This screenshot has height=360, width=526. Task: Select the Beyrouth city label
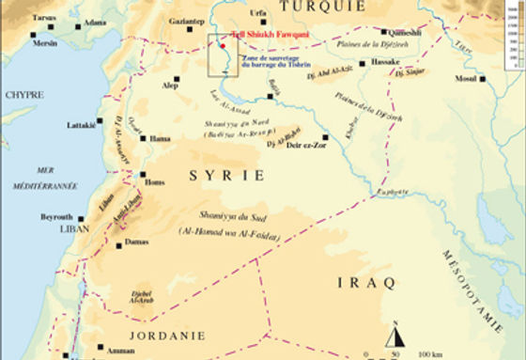(56, 216)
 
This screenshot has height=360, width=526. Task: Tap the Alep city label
(170, 85)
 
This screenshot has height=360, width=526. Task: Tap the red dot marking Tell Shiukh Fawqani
(224, 44)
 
